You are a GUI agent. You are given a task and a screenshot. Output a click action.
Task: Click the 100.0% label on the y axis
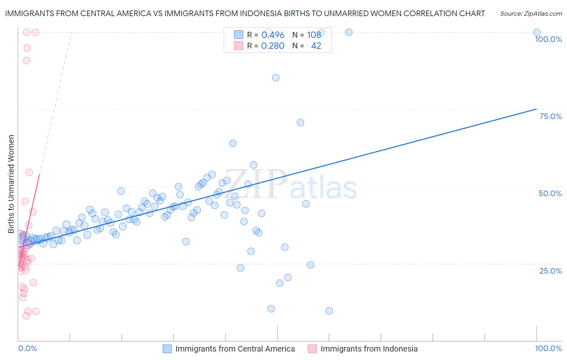tap(548, 39)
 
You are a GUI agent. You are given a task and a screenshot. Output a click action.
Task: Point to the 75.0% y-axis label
tap(550, 116)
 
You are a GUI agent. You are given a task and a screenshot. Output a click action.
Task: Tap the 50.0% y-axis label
tap(550, 193)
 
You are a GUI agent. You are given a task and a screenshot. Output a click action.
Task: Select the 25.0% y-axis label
tap(550, 270)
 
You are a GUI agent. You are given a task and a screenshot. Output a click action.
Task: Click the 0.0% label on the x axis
tap(27, 348)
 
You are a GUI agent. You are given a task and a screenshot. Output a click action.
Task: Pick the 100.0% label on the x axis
tap(548, 348)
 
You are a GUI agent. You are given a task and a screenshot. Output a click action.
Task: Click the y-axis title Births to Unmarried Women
tap(11, 184)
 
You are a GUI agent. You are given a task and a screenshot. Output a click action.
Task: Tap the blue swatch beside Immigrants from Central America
tap(167, 349)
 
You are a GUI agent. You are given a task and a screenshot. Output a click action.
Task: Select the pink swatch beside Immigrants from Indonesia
tap(312, 349)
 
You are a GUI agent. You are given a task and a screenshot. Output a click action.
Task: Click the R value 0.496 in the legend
tap(273, 35)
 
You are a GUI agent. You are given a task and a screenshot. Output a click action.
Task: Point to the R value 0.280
tap(273, 46)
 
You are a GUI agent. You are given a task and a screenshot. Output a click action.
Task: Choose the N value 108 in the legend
tap(314, 35)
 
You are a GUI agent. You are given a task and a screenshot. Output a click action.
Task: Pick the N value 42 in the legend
tap(316, 46)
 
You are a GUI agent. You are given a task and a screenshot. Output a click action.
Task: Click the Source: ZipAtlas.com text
tap(531, 13)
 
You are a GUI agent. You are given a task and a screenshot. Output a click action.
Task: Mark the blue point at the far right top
tap(537, 32)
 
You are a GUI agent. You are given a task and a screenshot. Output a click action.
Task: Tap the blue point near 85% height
tap(276, 77)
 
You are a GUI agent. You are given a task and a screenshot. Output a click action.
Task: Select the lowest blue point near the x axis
tap(329, 311)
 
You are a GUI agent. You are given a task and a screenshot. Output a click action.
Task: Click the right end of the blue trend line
tap(536, 109)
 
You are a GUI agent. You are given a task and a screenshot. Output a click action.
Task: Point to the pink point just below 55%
tap(29, 172)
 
